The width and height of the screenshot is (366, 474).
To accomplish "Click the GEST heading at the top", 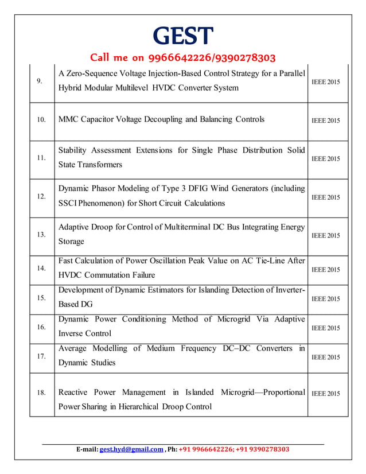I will click(183, 36).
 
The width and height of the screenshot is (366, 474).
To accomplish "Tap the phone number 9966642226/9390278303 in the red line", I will click(212, 57).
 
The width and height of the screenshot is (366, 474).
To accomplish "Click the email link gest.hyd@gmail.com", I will click(131, 449).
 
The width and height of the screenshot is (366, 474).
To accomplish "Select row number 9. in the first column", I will click(40, 81).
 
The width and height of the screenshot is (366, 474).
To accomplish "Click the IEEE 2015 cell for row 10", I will click(325, 121).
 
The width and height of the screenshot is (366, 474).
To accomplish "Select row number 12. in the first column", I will click(41, 196).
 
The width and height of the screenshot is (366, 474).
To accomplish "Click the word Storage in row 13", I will click(71, 242).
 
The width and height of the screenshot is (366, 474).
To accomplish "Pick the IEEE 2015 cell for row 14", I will click(325, 270).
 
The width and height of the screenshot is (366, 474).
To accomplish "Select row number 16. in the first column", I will click(41, 328).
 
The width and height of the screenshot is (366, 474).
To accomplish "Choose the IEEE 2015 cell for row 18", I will click(325, 394).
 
